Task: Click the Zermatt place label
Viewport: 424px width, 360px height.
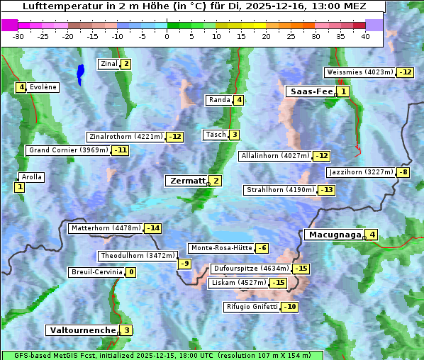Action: [186, 181]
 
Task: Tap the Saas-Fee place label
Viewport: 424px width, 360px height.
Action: [311, 91]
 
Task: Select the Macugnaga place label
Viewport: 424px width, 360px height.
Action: [334, 235]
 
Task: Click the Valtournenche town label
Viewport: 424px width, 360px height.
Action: [82, 330]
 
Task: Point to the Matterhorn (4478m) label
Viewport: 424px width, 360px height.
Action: [106, 228]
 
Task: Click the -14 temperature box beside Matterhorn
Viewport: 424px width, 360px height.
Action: [152, 228]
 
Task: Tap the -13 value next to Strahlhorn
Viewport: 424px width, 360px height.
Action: [326, 190]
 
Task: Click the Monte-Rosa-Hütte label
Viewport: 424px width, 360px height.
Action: [220, 248]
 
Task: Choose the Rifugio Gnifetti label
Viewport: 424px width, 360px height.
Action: [251, 307]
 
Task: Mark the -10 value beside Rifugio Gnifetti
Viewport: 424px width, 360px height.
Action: [290, 307]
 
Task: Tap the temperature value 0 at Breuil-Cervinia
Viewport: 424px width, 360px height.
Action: [130, 272]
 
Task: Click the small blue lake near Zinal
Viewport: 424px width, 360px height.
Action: [80, 73]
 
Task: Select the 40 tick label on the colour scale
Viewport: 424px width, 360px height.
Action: [365, 37]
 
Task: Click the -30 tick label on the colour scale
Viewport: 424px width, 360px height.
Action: [18, 37]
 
